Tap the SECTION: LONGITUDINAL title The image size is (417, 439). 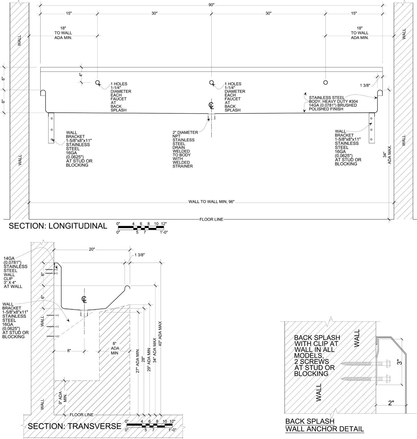pyautogui.click(x=58, y=226)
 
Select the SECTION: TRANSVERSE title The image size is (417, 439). pyautogui.click(x=75, y=426)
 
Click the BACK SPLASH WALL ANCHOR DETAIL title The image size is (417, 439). pyautogui.click(x=325, y=425)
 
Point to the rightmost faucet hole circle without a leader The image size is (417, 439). pyautogui.click(x=325, y=82)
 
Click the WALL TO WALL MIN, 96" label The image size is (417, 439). pyautogui.click(x=211, y=202)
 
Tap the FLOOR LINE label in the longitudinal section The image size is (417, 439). pyautogui.click(x=211, y=219)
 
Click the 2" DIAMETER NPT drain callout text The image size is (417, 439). pyautogui.click(x=185, y=149)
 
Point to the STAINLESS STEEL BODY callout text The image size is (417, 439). pyautogui.click(x=333, y=103)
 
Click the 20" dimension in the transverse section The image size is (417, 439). pyautogui.click(x=92, y=249)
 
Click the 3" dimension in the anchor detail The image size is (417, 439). pyautogui.click(x=400, y=362)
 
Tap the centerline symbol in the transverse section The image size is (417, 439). pyautogui.click(x=84, y=299)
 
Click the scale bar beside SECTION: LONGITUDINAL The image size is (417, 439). pyautogui.click(x=142, y=228)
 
